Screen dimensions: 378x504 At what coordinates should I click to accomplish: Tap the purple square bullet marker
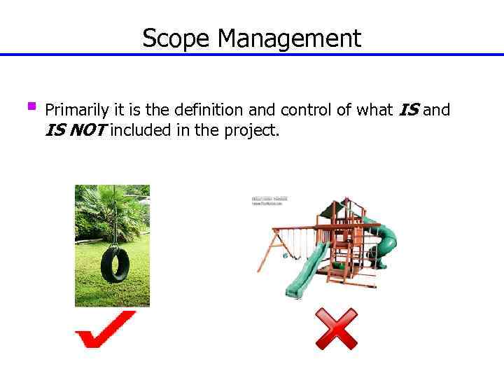click(31, 107)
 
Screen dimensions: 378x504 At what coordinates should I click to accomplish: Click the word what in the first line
click(374, 110)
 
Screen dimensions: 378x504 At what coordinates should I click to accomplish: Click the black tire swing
click(114, 263)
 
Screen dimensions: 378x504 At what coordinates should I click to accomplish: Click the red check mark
click(105, 329)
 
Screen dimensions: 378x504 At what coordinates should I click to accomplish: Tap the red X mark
click(336, 329)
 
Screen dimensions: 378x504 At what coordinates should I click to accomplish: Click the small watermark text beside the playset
click(267, 201)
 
